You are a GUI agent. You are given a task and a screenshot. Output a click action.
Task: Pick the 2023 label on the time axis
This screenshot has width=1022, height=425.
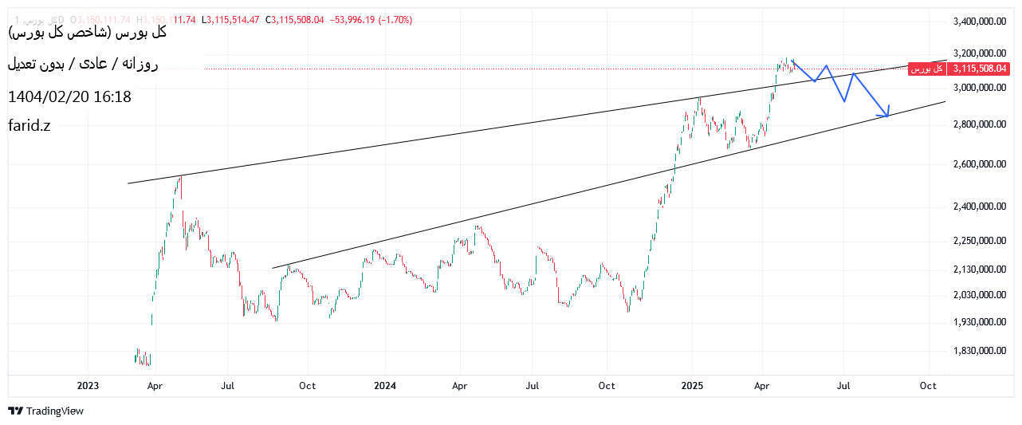[88, 386]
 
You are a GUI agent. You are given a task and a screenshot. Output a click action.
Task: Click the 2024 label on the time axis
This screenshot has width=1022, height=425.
[385, 386]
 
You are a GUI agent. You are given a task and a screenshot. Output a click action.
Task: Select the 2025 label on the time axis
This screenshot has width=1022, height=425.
[692, 386]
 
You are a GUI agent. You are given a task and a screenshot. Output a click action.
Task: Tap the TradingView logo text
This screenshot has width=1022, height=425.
[54, 411]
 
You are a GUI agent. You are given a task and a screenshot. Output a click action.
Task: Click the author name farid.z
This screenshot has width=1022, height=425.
[29, 125]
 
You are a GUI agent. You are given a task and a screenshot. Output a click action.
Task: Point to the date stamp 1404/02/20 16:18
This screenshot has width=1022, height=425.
[69, 97]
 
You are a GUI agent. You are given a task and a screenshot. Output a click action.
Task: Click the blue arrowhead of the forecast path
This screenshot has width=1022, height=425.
[886, 114]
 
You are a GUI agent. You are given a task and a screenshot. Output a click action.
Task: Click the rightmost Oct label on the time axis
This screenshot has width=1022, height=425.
[928, 386]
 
